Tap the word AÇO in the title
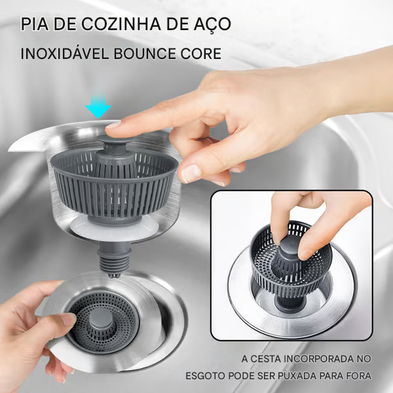pyautogui.click(x=213, y=24)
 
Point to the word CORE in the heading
pyautogui.click(x=200, y=53)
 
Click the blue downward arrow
pyautogui.click(x=98, y=106)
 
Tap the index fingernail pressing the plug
pyautogui.click(x=113, y=124)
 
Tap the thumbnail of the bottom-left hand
pyautogui.click(x=67, y=320)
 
